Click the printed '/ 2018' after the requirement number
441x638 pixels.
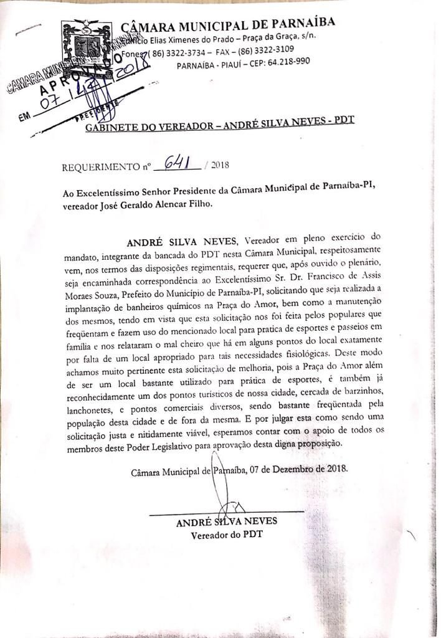tap(217, 165)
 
